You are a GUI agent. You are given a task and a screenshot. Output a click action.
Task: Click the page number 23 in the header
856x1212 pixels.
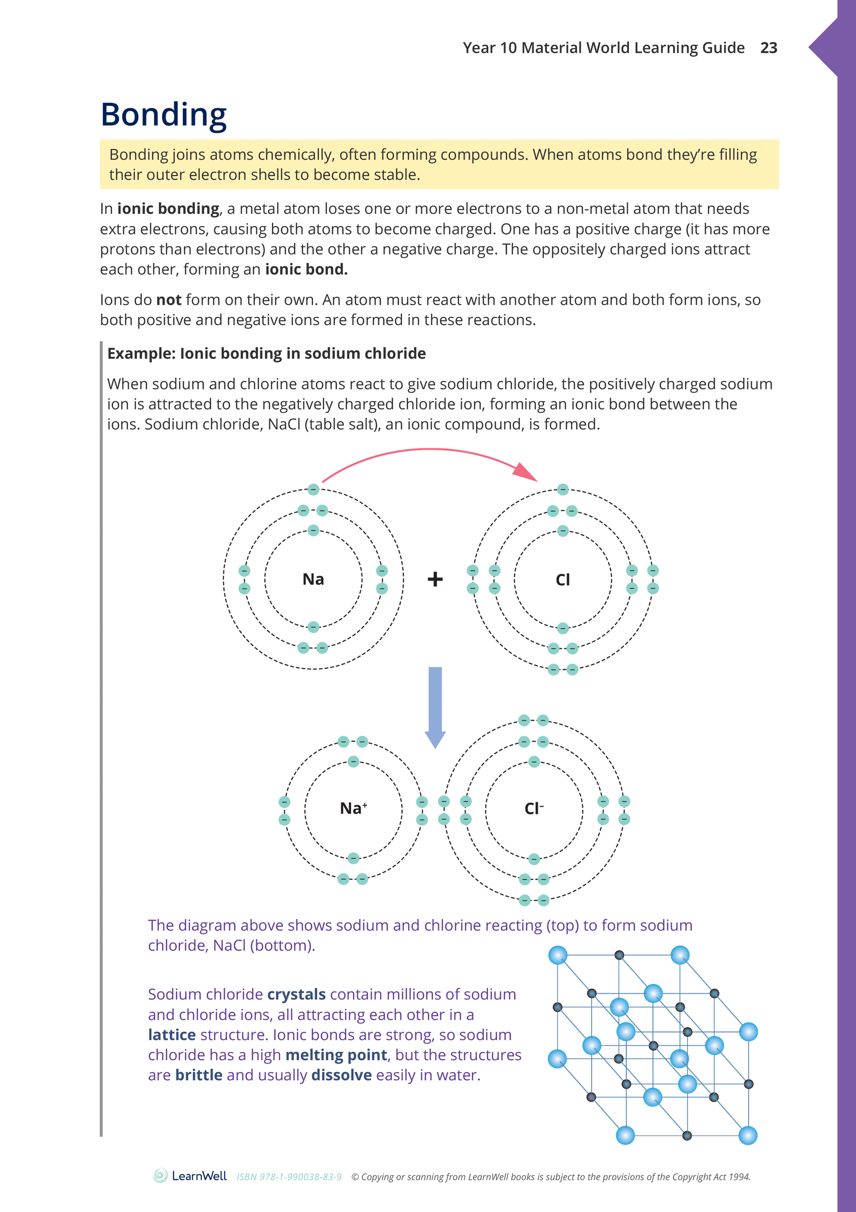[768, 48]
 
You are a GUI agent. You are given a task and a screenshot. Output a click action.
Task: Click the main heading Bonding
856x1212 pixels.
[164, 114]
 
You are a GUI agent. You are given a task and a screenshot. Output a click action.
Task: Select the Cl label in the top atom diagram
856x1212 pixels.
[563, 580]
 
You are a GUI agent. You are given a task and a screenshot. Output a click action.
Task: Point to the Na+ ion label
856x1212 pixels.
[353, 808]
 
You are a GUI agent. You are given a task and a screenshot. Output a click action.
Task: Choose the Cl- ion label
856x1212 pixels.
[534, 809]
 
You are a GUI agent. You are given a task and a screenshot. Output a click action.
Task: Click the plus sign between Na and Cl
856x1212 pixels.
[435, 579]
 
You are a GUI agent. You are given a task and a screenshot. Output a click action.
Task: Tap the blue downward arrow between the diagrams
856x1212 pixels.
[435, 707]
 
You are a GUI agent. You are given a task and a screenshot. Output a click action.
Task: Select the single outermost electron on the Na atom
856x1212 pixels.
[314, 489]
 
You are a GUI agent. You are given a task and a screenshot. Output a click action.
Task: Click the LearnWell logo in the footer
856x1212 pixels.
[190, 1175]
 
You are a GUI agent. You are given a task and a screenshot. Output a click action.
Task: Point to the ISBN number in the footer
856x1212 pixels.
[289, 1177]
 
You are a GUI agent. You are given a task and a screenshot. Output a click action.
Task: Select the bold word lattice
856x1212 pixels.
[172, 1035]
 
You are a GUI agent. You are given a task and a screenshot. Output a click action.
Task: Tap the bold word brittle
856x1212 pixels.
[198, 1075]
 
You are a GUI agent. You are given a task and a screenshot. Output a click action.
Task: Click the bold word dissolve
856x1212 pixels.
[341, 1075]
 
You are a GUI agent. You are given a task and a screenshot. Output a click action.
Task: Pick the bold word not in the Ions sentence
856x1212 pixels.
[169, 300]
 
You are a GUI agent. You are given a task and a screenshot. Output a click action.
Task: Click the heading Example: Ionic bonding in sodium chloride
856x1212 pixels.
[267, 353]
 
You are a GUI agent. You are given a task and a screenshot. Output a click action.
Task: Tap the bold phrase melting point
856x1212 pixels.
[336, 1055]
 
